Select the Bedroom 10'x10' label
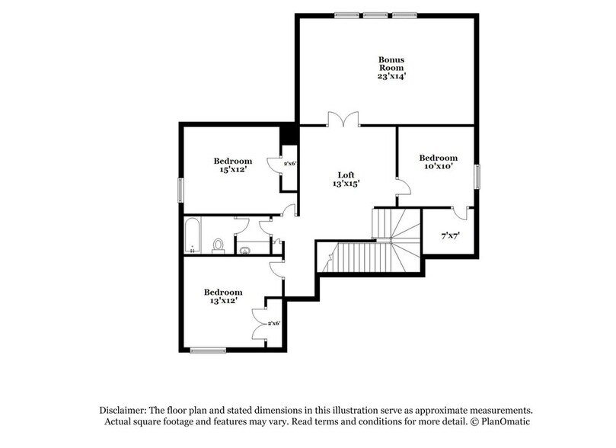[439, 162]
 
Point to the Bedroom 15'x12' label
[232, 165]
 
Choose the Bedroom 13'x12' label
[222, 296]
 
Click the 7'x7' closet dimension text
[450, 236]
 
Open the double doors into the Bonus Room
[343, 120]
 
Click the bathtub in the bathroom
[192, 237]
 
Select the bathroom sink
[244, 248]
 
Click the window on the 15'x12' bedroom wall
[180, 188]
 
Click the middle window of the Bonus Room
[373, 14]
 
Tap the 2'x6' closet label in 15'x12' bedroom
[289, 163]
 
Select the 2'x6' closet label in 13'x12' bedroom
[273, 323]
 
